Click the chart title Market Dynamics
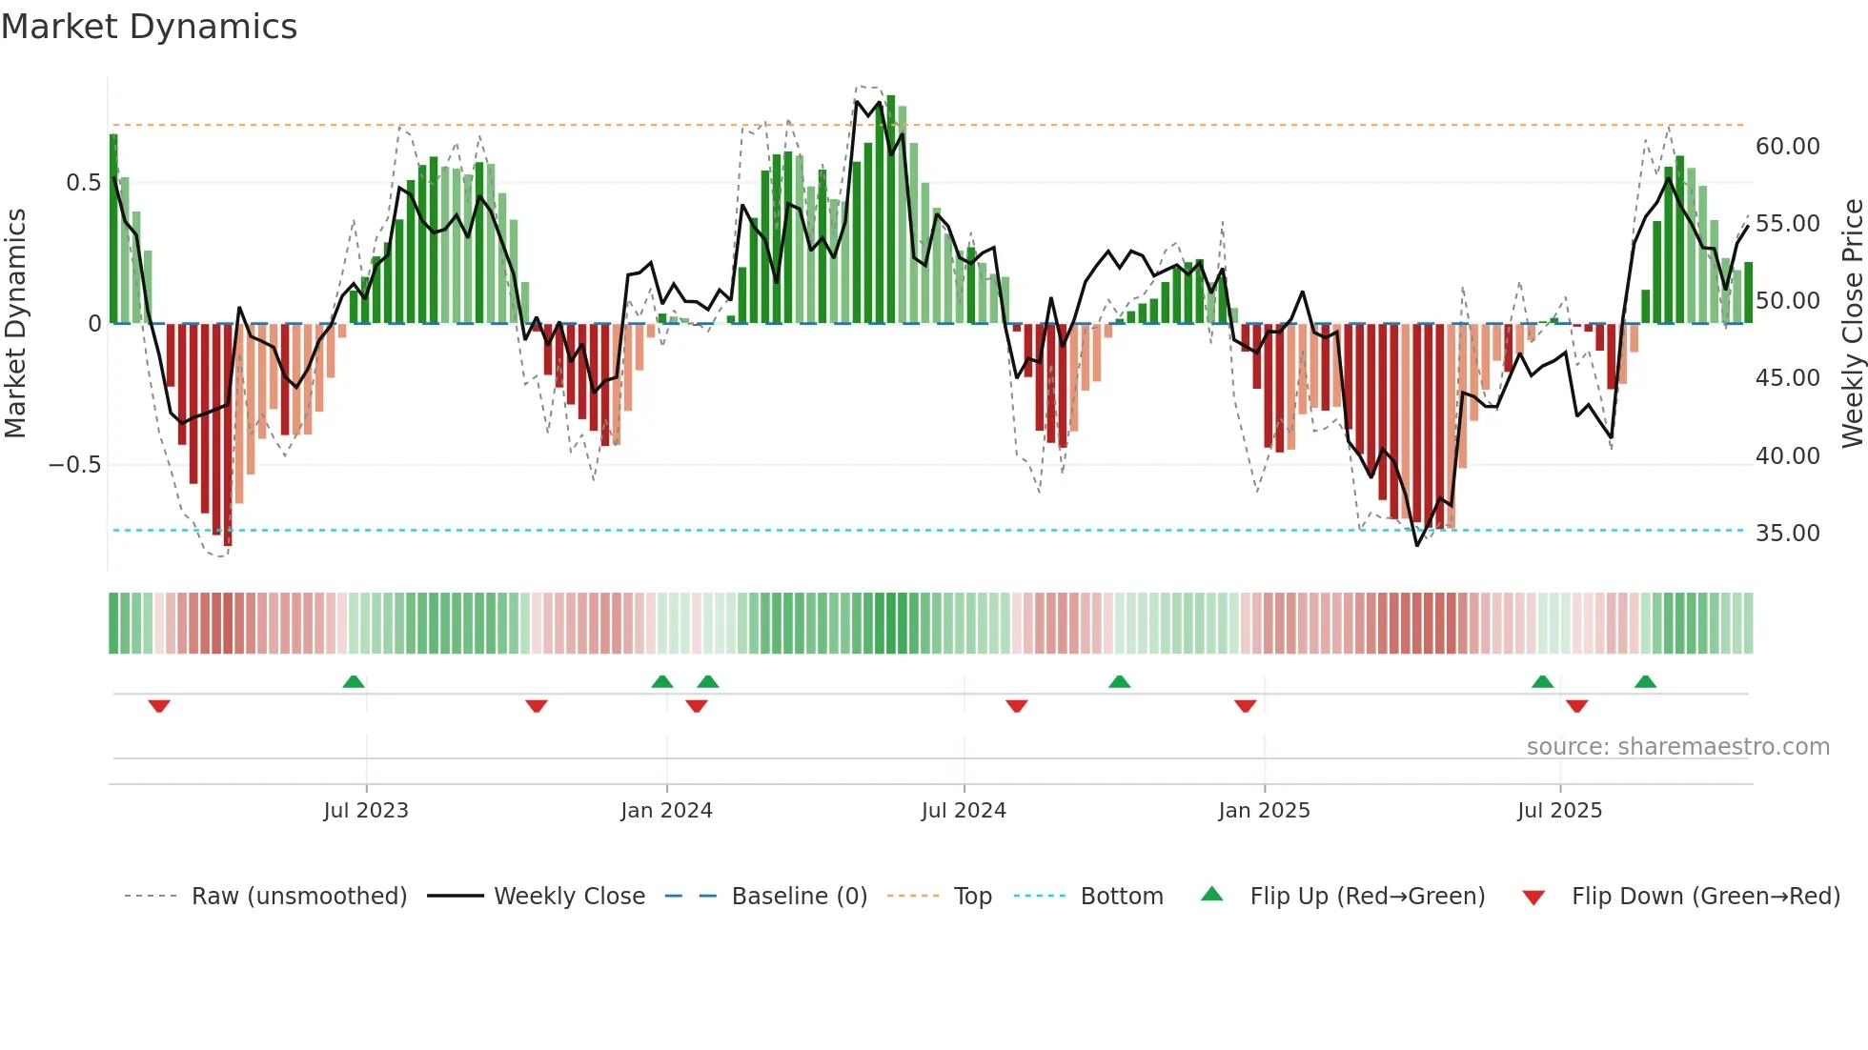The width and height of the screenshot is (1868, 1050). [150, 27]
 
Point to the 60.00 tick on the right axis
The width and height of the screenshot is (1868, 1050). [1787, 147]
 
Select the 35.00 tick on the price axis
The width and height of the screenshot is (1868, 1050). [1787, 534]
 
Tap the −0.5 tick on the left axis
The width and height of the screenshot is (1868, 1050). [74, 465]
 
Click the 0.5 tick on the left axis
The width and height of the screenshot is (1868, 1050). [83, 183]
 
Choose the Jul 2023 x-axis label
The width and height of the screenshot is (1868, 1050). [366, 811]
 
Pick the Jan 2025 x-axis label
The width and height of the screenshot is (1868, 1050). [1264, 811]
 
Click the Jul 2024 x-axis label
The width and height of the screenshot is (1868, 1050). [964, 811]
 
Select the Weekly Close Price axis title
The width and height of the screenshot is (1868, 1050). [1852, 324]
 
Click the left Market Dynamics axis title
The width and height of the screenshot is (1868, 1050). [15, 324]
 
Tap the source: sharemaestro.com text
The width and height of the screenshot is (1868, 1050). [1677, 747]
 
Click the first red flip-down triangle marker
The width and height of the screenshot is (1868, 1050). [159, 706]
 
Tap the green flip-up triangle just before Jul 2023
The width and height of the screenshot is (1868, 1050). [354, 681]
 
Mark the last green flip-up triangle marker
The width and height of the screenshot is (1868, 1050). [1645, 681]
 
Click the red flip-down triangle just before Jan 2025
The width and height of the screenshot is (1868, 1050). [1245, 706]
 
